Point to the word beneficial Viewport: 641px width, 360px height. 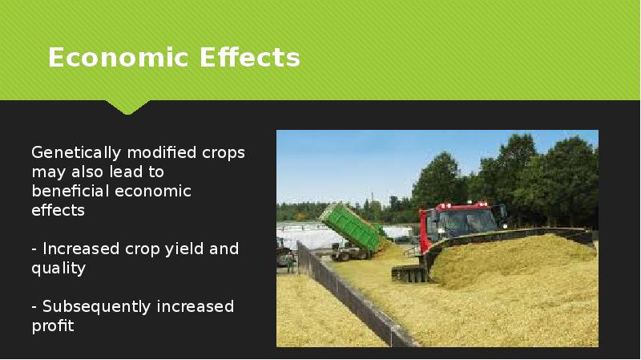coord(70,191)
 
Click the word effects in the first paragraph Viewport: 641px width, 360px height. coord(58,210)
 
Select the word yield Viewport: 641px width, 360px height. coord(185,249)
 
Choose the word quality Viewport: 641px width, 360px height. coord(58,268)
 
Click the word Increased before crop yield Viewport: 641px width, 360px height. coord(81,249)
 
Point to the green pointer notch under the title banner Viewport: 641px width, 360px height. coord(127,107)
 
